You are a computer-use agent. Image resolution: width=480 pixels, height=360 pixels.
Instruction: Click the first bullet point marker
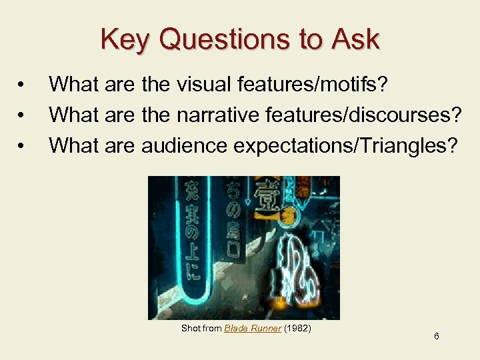23,85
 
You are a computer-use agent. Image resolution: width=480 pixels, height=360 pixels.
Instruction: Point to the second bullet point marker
23,116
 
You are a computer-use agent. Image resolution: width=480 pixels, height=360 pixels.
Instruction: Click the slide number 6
436,336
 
